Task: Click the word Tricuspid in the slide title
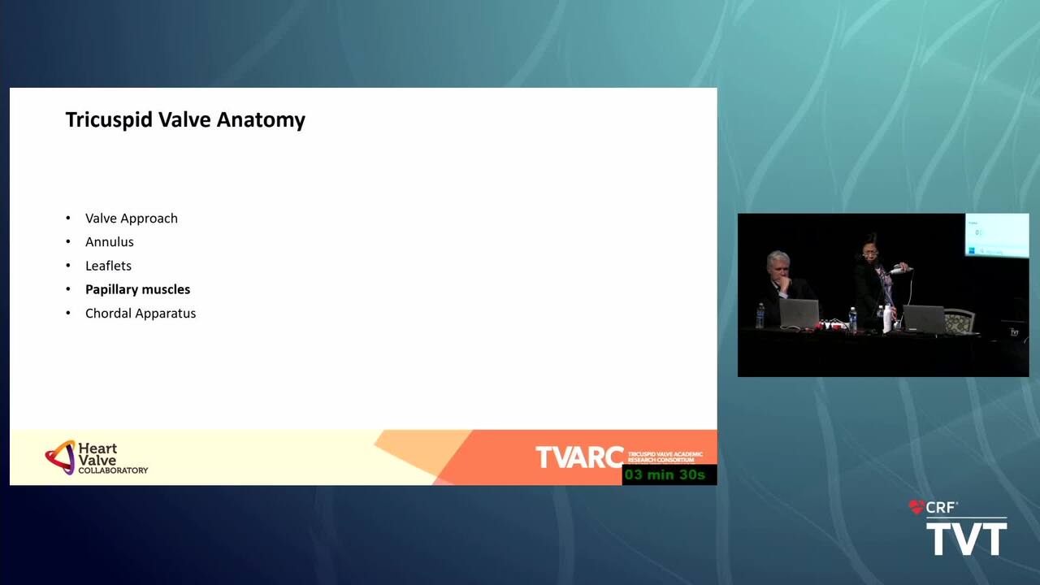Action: [x=109, y=119]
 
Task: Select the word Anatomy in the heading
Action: [x=261, y=119]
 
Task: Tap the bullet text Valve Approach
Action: [x=132, y=219]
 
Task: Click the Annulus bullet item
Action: [x=110, y=242]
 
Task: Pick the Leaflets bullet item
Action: [x=108, y=266]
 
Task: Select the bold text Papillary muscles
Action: [x=138, y=290]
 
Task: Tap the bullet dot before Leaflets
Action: [x=68, y=266]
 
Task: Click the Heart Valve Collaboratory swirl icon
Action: [x=60, y=457]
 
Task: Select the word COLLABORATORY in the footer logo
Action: [x=113, y=470]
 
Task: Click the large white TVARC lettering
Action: [x=579, y=457]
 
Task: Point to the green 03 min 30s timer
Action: [x=665, y=474]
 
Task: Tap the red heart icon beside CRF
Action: [x=916, y=507]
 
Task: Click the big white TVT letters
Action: [x=967, y=539]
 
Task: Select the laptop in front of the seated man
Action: [x=799, y=314]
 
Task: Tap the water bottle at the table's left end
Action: [x=760, y=316]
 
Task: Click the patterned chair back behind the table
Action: [x=960, y=320]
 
